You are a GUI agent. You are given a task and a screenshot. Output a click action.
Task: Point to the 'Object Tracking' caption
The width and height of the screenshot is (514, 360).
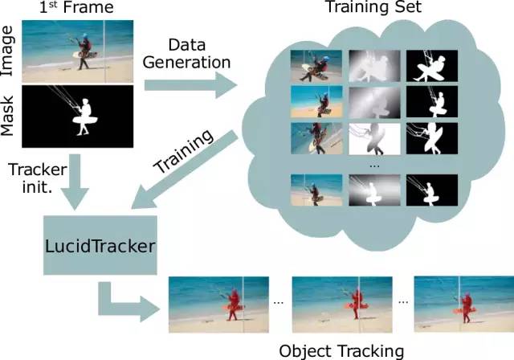(x=341, y=350)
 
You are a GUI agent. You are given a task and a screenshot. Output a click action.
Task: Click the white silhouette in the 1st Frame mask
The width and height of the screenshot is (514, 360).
(x=82, y=118)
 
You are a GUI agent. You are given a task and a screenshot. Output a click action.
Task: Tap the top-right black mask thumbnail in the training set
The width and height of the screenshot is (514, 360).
(x=431, y=66)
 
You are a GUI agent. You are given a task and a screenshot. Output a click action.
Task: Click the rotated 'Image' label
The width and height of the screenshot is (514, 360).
(x=9, y=50)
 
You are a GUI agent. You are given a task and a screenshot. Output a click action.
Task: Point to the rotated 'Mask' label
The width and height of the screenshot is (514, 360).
(x=9, y=120)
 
